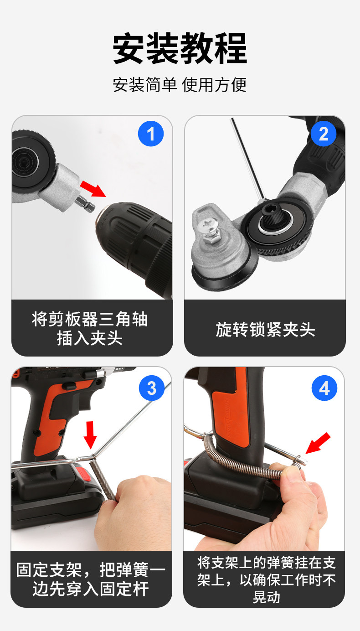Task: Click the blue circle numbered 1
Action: [x=151, y=134]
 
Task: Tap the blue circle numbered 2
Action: [x=324, y=134]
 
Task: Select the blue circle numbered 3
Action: [x=152, y=388]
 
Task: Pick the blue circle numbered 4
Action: [x=324, y=388]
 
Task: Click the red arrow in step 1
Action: [x=93, y=188]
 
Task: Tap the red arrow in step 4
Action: [x=318, y=443]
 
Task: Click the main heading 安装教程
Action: [x=180, y=48]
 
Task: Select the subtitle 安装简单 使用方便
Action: [x=180, y=84]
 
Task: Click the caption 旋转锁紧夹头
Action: [x=265, y=329]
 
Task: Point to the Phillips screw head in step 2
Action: [x=208, y=227]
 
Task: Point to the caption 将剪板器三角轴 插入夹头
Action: [x=90, y=328]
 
